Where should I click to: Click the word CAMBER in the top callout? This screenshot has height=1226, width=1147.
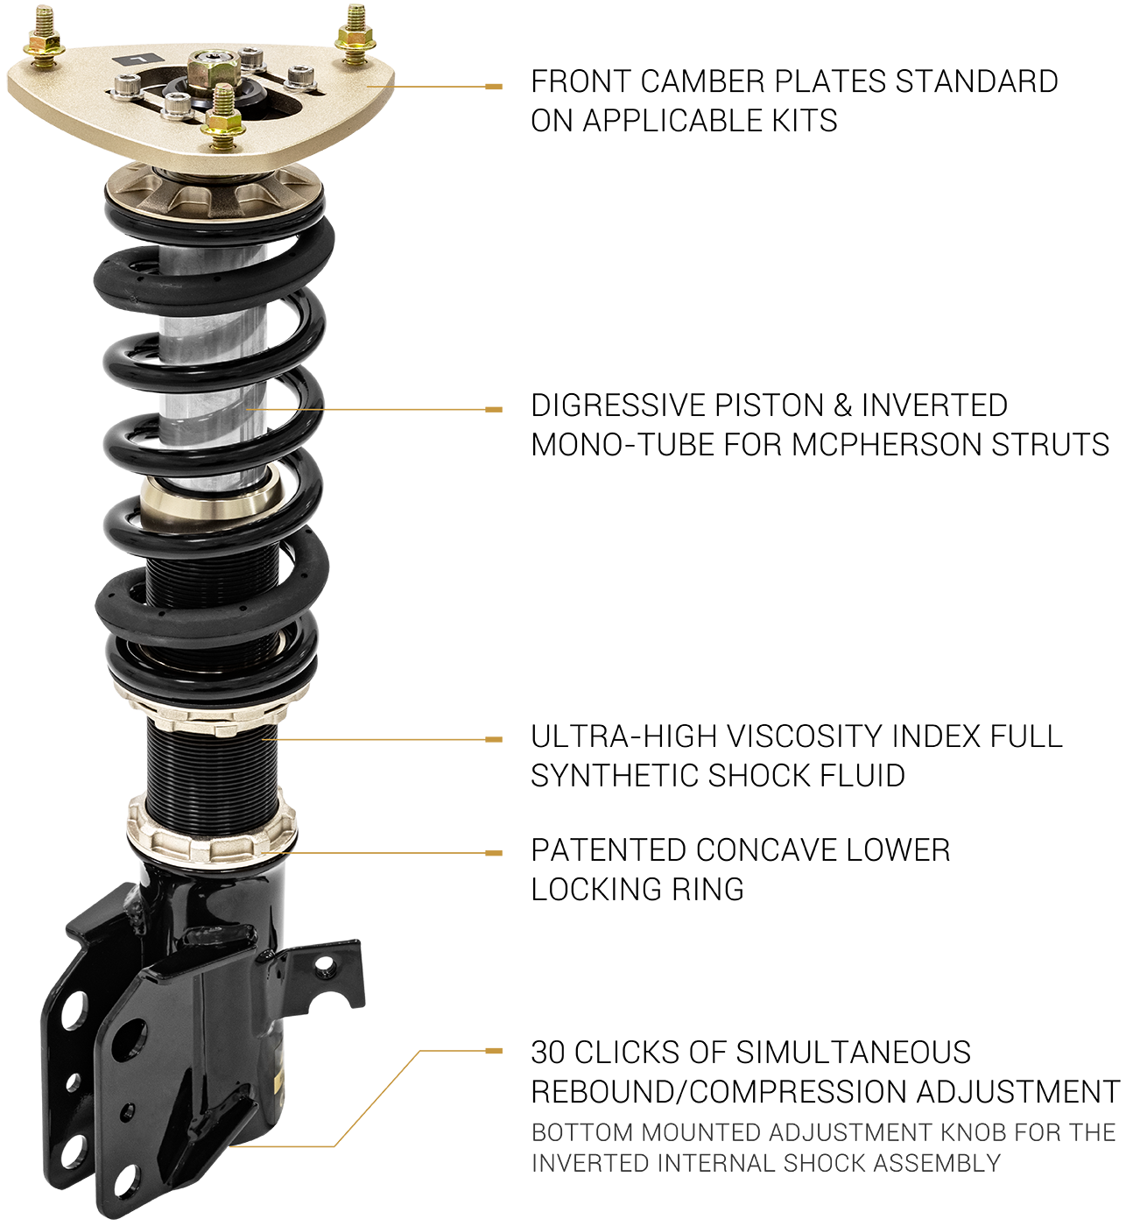point(697,81)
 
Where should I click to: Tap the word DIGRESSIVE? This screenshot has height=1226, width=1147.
point(616,405)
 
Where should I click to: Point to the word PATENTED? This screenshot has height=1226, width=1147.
point(608,850)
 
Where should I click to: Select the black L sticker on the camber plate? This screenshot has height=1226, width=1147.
point(139,59)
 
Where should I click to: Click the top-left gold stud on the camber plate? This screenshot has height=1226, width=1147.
point(44,37)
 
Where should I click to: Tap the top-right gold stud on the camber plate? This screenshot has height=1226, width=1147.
point(355,34)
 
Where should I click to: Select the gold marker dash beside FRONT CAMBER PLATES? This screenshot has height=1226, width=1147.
point(493,87)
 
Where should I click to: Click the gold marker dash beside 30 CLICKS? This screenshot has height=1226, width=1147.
point(493,1051)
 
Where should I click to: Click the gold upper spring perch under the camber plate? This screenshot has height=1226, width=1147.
point(214,192)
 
